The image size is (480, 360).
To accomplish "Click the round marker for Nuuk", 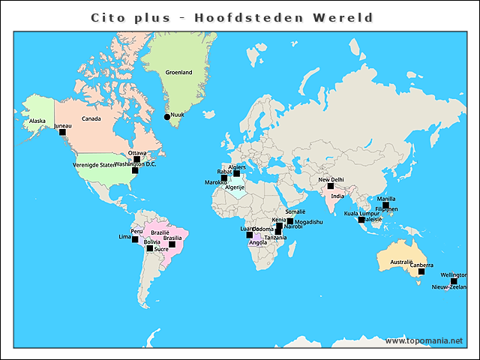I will (167, 116).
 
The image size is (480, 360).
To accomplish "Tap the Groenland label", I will (178, 73).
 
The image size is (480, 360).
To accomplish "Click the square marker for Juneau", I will (62, 132).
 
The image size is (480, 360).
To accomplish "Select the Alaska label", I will (37, 121).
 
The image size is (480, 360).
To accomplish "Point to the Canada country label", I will (91, 118).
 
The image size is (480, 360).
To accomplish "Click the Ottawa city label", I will (137, 153).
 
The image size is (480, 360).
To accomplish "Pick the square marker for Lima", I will (135, 240).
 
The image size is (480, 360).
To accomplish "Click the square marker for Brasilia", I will (172, 244).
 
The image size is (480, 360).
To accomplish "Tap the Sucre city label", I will (161, 248).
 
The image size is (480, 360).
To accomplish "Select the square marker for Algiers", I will (236, 173).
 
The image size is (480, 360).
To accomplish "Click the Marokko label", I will (215, 182).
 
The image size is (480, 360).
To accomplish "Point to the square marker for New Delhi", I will (330, 186).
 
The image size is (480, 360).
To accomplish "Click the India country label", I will (337, 196).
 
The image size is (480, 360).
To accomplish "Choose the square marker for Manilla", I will (385, 205).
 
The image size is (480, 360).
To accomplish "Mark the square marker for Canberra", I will (421, 271).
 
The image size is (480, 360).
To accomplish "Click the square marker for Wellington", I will (453, 281).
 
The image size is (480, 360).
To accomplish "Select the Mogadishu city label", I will (309, 222).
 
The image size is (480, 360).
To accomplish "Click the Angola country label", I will (257, 243).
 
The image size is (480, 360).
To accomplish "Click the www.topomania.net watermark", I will (424, 341).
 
